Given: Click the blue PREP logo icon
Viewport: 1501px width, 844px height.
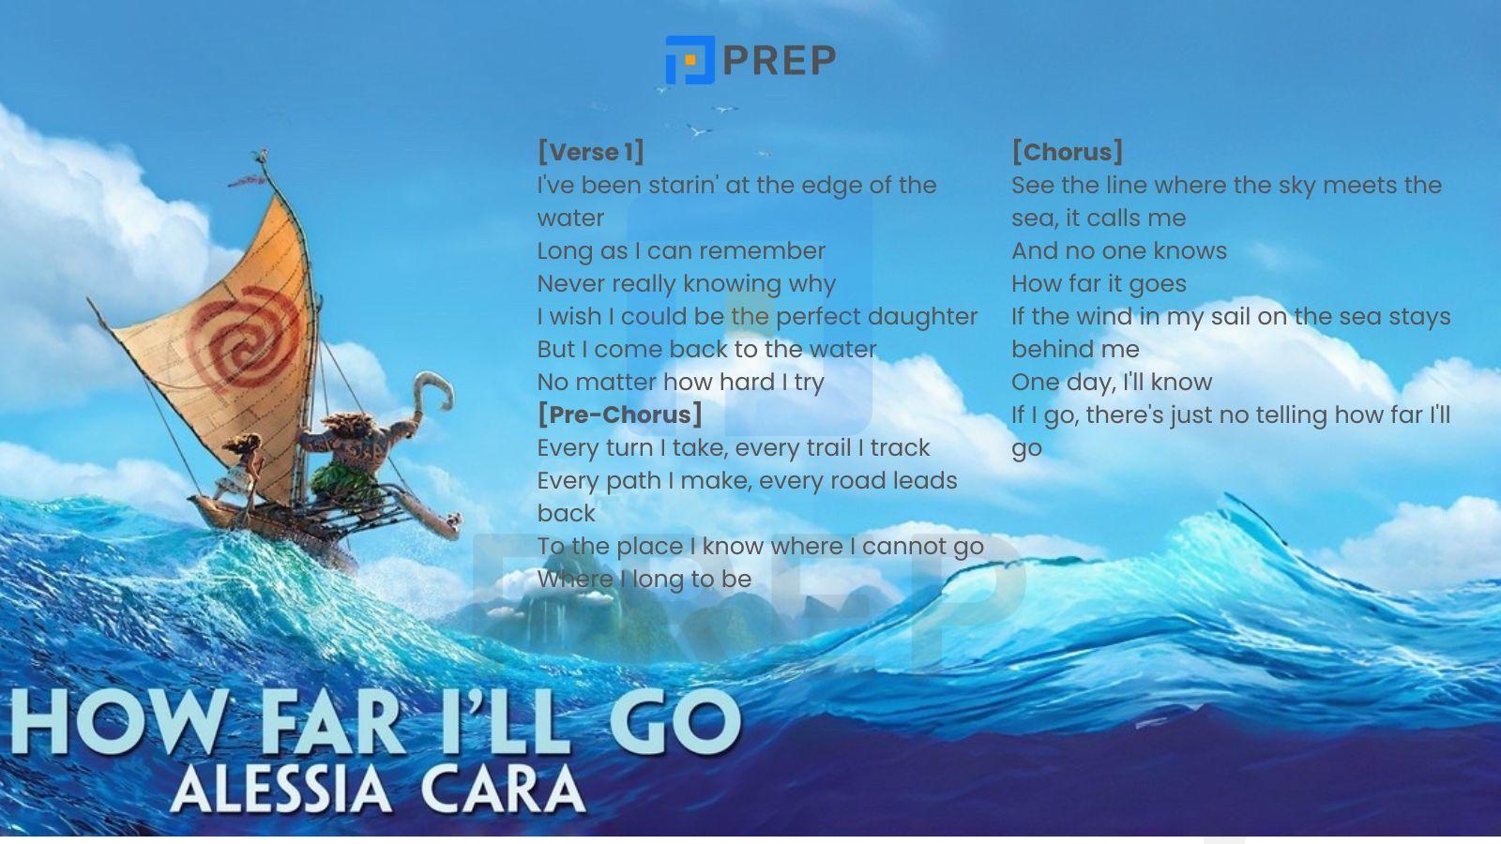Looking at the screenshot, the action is coord(690,60).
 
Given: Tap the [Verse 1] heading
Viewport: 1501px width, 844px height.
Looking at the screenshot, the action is coord(590,152).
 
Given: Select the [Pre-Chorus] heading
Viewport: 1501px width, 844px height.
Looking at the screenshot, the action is coord(620,414).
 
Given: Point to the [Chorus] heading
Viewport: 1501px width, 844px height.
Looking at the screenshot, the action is coord(1067,152).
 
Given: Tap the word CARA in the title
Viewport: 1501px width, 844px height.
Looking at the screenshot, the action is coord(503,789).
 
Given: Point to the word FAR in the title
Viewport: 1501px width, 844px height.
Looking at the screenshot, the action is coord(333,722).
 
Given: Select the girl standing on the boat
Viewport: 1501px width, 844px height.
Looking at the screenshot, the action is coord(240,468).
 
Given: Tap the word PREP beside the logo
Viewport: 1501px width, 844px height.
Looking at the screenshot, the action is coord(780,60).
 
